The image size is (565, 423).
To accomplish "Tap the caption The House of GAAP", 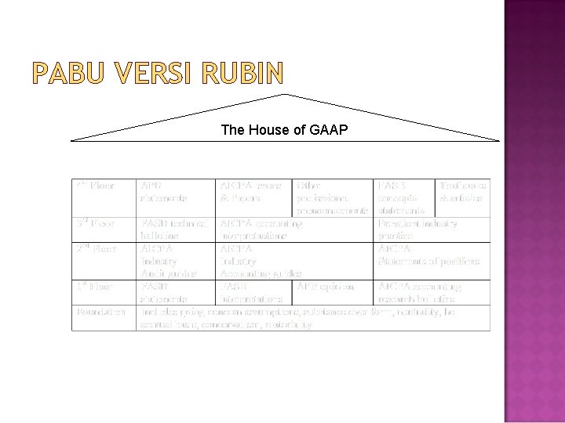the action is point(284,130).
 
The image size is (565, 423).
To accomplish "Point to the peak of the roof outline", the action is point(286,94).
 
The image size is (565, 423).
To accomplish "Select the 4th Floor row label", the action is point(96,186).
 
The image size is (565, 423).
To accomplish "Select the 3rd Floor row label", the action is point(96,224).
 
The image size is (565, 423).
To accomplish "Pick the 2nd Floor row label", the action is point(96,249).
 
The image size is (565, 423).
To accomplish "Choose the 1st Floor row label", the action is point(96,287).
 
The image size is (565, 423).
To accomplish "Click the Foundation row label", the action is point(101,312).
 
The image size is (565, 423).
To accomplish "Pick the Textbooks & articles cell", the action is point(463,192).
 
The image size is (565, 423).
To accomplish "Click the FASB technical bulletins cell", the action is point(174,230).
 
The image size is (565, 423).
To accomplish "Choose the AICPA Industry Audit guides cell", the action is point(166,261).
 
